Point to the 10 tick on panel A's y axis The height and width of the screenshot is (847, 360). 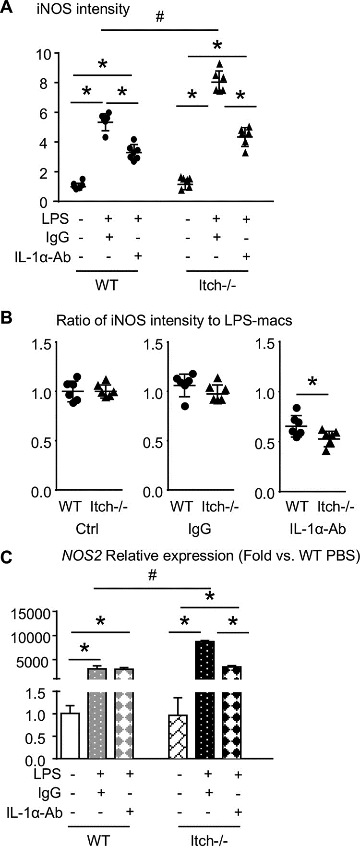click(x=43, y=53)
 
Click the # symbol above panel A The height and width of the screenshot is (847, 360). click(x=160, y=17)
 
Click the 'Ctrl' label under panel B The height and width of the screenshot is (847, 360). click(x=88, y=529)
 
